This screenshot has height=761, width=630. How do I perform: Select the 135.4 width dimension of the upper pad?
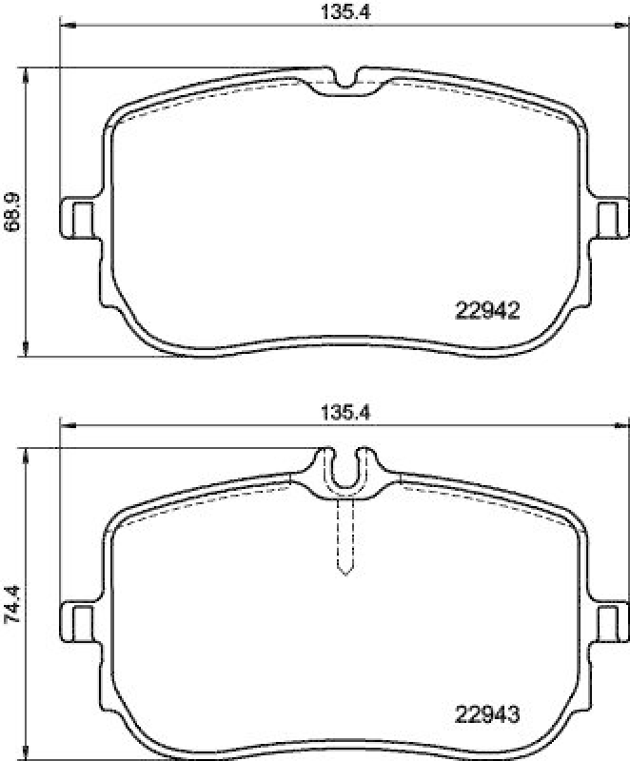click(345, 12)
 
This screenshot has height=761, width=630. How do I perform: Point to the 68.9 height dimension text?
click(12, 211)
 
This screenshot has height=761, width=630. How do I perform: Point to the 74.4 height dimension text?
click(12, 602)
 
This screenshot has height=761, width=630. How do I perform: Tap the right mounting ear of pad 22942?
click(610, 217)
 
